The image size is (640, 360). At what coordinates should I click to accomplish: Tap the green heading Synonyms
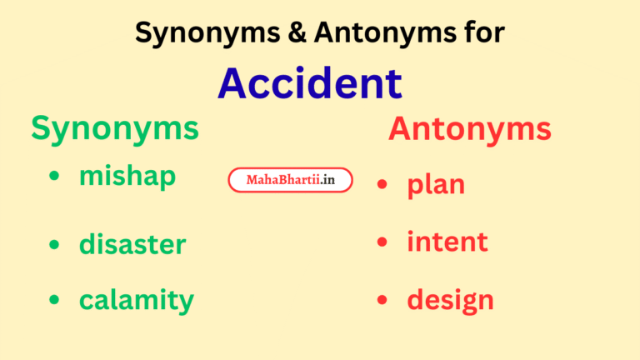pyautogui.click(x=115, y=127)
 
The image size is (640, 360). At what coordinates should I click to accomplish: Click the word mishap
pyautogui.click(x=127, y=177)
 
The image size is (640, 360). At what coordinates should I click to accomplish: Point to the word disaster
pyautogui.click(x=132, y=244)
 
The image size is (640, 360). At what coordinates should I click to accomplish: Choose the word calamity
pyautogui.click(x=137, y=299)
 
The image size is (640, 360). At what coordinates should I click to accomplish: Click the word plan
pyautogui.click(x=436, y=185)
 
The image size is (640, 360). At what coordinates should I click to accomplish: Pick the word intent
pyautogui.click(x=447, y=242)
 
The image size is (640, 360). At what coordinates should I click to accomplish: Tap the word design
pyautogui.click(x=450, y=300)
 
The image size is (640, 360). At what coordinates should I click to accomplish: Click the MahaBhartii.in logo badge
pyautogui.click(x=291, y=180)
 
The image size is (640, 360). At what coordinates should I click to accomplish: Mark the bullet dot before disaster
pyautogui.click(x=55, y=244)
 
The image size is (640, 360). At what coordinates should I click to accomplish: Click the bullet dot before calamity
pyautogui.click(x=55, y=299)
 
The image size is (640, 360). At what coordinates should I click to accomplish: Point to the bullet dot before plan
pyautogui.click(x=382, y=184)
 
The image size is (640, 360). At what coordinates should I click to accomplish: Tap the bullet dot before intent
pyautogui.click(x=382, y=242)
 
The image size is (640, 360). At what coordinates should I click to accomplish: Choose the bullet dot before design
pyautogui.click(x=382, y=299)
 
